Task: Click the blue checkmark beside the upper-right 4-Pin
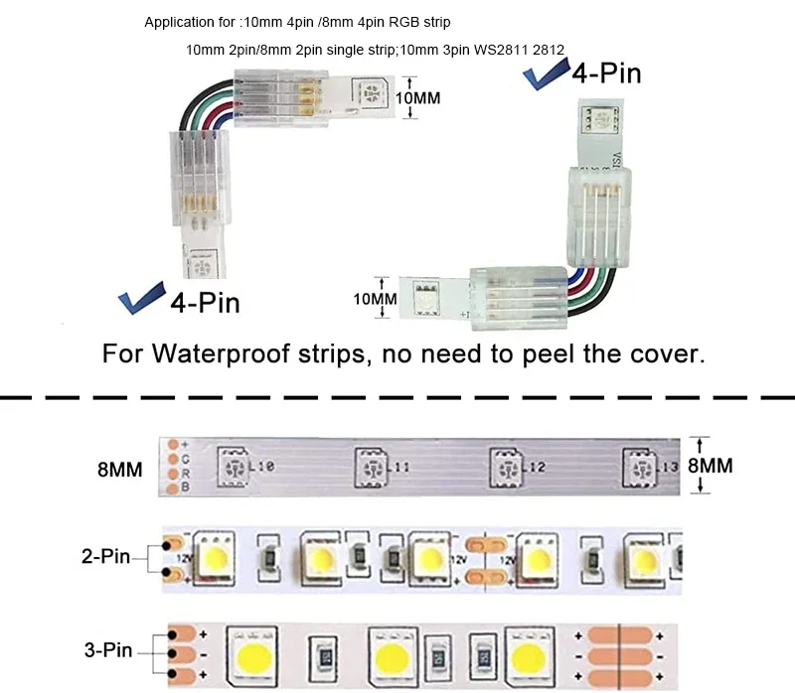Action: click(x=544, y=77)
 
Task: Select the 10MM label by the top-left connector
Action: click(x=418, y=98)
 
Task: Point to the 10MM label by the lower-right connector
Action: click(x=377, y=298)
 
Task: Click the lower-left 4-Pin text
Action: click(x=205, y=301)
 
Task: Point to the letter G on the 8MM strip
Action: click(x=185, y=460)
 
